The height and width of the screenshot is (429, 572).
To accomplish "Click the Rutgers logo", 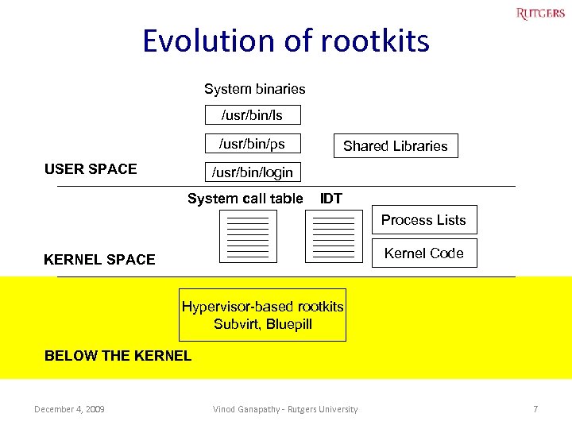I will pos(540,13).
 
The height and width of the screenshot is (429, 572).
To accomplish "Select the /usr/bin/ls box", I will pos(252,115).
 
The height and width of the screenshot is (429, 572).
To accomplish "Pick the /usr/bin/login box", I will pos(252,172).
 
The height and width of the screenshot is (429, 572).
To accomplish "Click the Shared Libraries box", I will pos(395,146).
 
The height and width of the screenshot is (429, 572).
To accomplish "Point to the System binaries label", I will pos(254,89).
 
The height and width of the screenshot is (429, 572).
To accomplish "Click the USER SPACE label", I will pos(91,168).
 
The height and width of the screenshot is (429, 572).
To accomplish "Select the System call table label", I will pos(245,199).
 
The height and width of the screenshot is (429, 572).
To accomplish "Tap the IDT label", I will pos(330,199).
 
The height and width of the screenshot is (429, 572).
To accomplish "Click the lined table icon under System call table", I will pos(248,236).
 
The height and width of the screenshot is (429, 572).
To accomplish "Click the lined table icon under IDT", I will pos(334,236).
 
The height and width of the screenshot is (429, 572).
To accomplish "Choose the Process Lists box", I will pos(423,220).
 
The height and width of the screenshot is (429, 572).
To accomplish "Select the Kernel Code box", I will pos(423,253).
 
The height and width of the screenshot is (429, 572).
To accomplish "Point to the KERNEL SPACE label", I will pos(99,260).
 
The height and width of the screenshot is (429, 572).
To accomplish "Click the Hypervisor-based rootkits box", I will pos(262,315).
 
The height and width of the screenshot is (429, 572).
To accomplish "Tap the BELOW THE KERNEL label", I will pos(118,356).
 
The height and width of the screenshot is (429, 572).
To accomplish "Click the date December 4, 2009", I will pos(69,409).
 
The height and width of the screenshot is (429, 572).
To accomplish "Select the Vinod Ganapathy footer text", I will pos(285,409).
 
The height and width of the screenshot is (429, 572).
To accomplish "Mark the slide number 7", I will pos(535,409).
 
